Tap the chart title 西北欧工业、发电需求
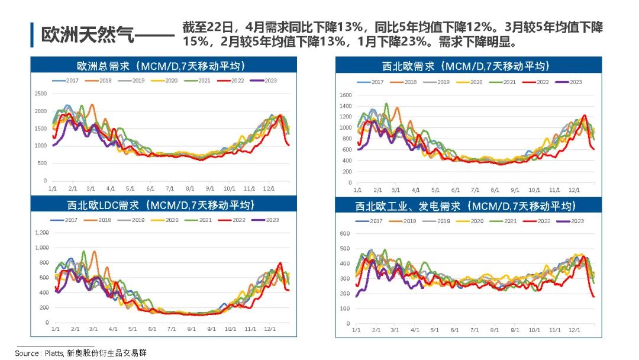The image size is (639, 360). point(465,206)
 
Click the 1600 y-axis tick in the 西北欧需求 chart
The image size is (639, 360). point(346,95)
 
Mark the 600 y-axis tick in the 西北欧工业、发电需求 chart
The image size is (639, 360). point(346,234)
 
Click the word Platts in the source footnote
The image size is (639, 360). point(56,353)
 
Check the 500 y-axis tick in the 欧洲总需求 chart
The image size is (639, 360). point(41,163)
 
